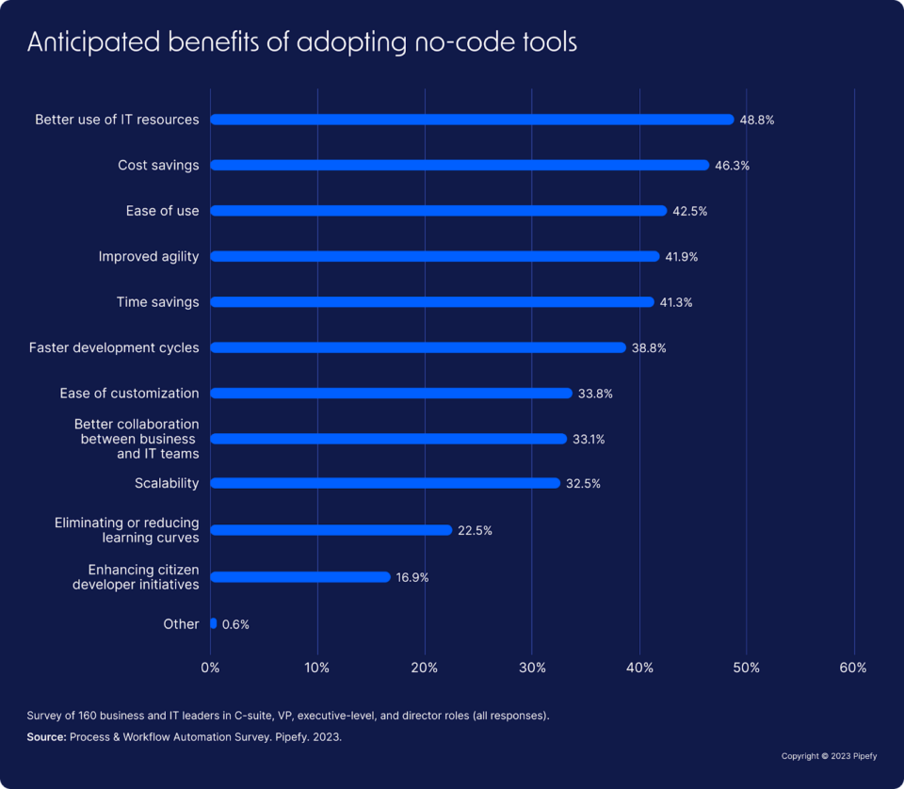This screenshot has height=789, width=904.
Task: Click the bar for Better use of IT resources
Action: (471, 120)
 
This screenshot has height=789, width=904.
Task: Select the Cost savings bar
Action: (460, 165)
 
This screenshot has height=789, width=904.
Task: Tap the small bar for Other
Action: (214, 623)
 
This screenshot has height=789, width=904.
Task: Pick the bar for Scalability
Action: (385, 483)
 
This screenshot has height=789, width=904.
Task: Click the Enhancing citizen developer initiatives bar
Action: (299, 576)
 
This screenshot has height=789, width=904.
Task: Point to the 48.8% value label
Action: (757, 120)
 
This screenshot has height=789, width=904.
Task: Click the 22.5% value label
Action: (475, 530)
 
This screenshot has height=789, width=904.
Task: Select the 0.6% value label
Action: (235, 624)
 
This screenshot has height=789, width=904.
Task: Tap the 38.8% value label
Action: (649, 347)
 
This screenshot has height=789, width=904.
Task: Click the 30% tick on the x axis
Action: (532, 668)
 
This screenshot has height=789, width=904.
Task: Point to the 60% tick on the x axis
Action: (853, 668)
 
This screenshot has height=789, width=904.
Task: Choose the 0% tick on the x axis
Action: (211, 668)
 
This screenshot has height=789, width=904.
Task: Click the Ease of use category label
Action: (162, 211)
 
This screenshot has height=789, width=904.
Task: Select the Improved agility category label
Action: (149, 256)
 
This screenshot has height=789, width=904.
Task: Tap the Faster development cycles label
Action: (114, 347)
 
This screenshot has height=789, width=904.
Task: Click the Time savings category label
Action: (157, 302)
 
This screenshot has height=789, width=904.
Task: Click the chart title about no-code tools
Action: (301, 42)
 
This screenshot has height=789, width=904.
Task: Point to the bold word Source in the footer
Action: (46, 737)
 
